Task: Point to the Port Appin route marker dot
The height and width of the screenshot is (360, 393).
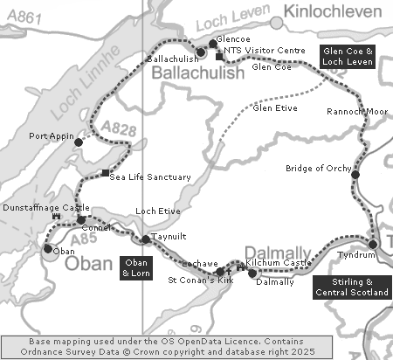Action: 78,142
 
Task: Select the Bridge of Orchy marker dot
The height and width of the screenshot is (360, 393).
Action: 355,175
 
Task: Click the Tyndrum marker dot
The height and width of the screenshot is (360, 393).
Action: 373,244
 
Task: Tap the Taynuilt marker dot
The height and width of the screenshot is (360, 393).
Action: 145,239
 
